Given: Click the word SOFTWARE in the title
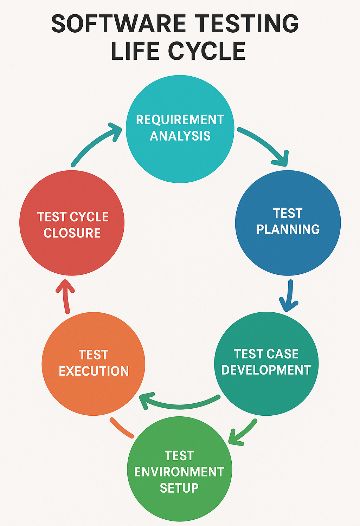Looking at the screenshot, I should [x=118, y=24].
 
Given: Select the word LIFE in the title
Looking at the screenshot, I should [x=135, y=51].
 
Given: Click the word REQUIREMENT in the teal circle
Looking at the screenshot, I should [x=180, y=120].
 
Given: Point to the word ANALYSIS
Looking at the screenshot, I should [x=180, y=136].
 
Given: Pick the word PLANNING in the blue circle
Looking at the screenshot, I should [x=288, y=229].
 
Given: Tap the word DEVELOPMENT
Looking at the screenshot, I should [x=266, y=370].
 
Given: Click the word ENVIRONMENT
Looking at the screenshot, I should [x=179, y=472].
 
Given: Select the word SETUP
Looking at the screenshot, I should [x=179, y=488].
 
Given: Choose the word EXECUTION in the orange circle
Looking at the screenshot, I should [x=94, y=371].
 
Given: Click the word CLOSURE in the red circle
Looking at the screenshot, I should [x=72, y=233].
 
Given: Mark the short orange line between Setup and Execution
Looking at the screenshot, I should [x=122, y=428].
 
